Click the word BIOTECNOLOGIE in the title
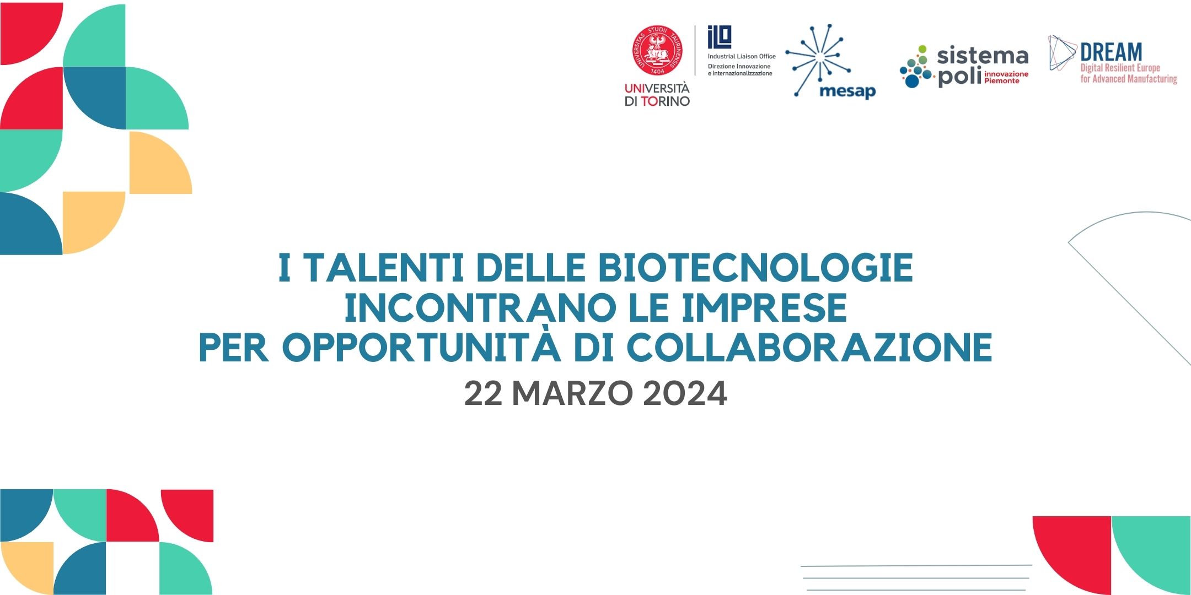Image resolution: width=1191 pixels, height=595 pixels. [755, 268]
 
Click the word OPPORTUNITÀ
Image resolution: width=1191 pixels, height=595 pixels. [421, 347]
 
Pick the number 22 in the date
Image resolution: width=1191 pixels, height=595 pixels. [483, 393]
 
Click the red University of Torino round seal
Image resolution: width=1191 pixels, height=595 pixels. [657, 50]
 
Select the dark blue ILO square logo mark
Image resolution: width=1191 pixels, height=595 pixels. [720, 37]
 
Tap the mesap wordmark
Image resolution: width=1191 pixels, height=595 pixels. [847, 90]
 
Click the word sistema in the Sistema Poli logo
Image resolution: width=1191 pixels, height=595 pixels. [983, 56]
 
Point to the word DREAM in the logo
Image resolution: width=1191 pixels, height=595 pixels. [1111, 52]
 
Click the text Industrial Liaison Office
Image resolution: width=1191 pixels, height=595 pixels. [742, 56]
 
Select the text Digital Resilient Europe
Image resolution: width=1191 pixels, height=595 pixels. [1120, 68]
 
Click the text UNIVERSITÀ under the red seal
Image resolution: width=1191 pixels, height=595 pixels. [657, 88]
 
